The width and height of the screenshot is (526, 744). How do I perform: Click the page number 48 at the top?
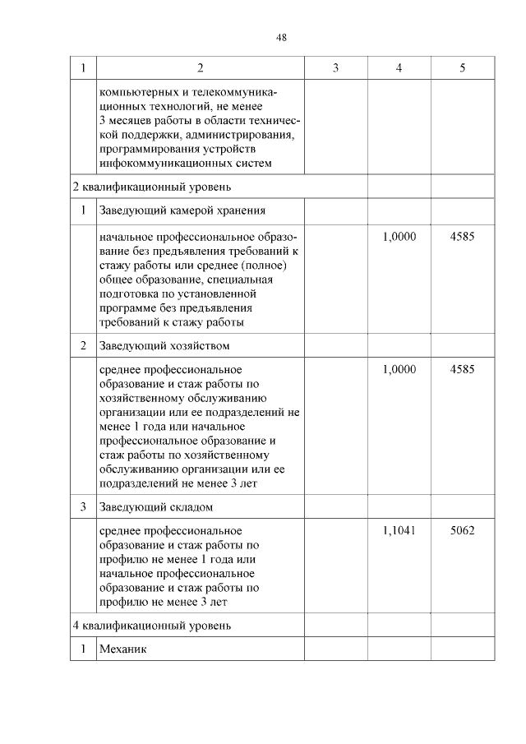click(281, 38)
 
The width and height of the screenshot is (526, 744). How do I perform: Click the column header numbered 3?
click(335, 67)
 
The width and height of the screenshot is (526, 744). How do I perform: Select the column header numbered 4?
click(399, 67)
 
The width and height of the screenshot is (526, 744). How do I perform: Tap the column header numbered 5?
click(463, 67)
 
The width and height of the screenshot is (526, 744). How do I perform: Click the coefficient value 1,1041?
click(399, 530)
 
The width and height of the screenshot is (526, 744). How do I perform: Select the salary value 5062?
click(463, 530)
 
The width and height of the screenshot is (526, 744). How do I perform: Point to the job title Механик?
click(122, 649)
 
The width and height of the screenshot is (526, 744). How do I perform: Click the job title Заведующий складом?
click(155, 506)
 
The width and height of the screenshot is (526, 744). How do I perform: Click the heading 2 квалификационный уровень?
click(146, 187)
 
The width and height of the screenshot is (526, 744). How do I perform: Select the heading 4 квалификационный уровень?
click(146, 625)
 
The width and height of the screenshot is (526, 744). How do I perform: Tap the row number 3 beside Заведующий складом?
click(83, 506)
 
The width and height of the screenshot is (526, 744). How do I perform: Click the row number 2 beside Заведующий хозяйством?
click(83, 346)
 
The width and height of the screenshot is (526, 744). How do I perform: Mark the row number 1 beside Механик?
click(83, 649)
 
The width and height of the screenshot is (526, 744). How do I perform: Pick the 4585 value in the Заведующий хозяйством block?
click(463, 370)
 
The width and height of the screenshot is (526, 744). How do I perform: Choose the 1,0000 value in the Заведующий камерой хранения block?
click(399, 236)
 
